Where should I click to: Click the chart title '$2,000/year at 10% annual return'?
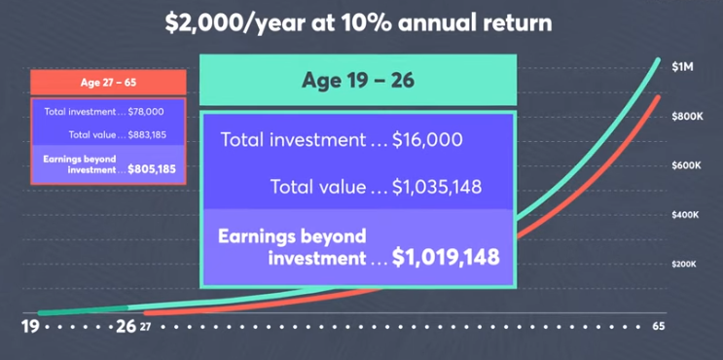362,22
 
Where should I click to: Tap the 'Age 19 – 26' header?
356,80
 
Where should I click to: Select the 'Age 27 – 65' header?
107,82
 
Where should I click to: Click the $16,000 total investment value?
427,139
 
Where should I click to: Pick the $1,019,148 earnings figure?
446,257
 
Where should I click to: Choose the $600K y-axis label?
687,165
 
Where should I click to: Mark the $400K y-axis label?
687,214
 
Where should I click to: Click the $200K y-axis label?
687,264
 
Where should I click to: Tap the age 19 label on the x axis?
30,327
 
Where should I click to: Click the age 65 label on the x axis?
660,327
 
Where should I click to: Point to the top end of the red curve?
658,97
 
